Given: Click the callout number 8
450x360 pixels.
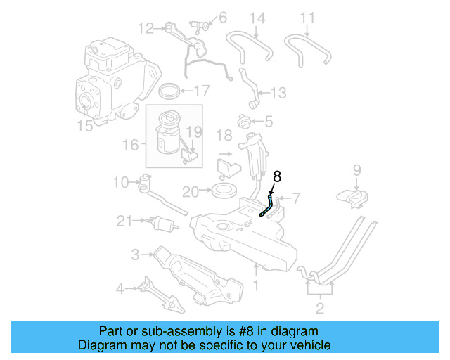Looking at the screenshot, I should (x=277, y=177).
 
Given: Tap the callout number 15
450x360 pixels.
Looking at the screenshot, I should (x=84, y=127).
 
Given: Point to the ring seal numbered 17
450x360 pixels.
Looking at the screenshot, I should (x=169, y=91).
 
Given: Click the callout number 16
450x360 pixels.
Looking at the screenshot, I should (x=131, y=145).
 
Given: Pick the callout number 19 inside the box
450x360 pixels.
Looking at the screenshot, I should (x=193, y=131).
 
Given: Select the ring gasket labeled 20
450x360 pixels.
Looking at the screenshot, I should (x=224, y=191).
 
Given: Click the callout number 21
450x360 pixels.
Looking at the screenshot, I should (x=124, y=221).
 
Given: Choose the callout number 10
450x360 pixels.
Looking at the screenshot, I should (x=120, y=183).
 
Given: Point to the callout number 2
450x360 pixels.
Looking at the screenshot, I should (x=320, y=309).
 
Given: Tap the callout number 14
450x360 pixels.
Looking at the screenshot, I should (x=257, y=18).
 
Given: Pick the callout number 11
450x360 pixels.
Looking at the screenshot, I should (x=308, y=18).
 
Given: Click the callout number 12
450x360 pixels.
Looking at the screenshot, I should (x=146, y=29).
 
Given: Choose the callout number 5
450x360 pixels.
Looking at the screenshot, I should (x=269, y=121).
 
